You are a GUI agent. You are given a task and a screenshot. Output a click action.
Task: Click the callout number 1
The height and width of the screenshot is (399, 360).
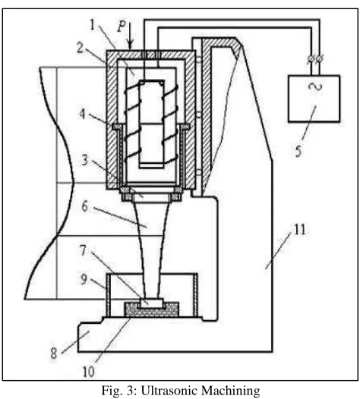(93, 25)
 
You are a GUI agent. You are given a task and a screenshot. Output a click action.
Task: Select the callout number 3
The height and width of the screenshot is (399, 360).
(84, 160)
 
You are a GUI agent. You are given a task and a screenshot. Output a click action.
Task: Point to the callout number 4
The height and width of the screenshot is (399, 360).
(82, 114)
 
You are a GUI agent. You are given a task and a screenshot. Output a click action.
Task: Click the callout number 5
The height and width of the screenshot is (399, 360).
(298, 151)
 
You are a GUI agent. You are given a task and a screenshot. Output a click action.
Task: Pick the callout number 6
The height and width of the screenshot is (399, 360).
(85, 206)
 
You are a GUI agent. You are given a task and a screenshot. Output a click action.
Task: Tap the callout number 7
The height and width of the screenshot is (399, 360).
(84, 250)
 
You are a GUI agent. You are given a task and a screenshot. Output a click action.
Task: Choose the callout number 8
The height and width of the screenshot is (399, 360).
(54, 353)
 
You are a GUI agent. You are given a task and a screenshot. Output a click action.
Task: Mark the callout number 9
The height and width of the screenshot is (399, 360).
(84, 279)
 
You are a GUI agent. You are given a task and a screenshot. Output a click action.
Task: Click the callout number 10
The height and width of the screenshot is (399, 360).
(88, 372)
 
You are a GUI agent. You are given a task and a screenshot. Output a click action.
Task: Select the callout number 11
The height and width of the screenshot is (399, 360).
(299, 230)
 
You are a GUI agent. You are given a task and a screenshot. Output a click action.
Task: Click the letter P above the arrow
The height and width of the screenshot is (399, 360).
(122, 27)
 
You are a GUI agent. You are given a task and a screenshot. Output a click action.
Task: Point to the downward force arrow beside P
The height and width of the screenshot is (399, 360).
(131, 36)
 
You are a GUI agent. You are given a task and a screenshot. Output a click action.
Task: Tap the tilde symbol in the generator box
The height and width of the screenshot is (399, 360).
(315, 87)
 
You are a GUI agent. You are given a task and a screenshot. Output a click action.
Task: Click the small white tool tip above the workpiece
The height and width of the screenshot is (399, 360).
(151, 303)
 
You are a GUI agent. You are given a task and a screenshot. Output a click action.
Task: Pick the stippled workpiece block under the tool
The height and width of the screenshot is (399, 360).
(151, 310)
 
